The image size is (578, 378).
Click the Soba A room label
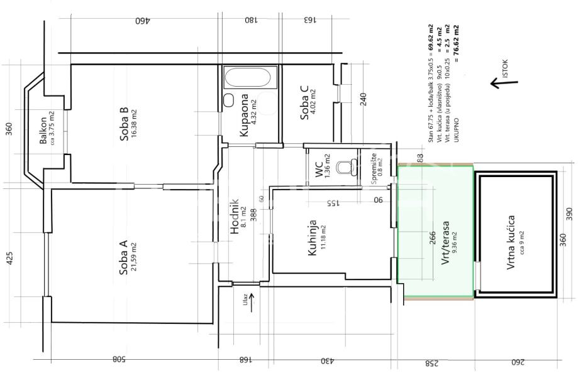[x=123, y=257]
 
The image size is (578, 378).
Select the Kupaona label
[x=243, y=116]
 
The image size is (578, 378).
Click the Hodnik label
[x=235, y=217]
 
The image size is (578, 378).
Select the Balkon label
[x=43, y=131]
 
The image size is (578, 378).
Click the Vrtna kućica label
[x=510, y=242]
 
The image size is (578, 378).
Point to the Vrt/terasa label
[x=446, y=243]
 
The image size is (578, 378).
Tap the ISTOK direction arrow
[x=504, y=84]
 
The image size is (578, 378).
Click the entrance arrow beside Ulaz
[x=252, y=303]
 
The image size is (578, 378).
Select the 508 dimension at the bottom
[x=118, y=359]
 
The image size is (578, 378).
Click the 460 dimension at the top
[x=143, y=20]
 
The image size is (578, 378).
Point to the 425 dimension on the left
[x=9, y=258]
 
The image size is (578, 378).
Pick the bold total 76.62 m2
[x=457, y=40]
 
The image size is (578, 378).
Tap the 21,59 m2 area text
[x=134, y=257]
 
